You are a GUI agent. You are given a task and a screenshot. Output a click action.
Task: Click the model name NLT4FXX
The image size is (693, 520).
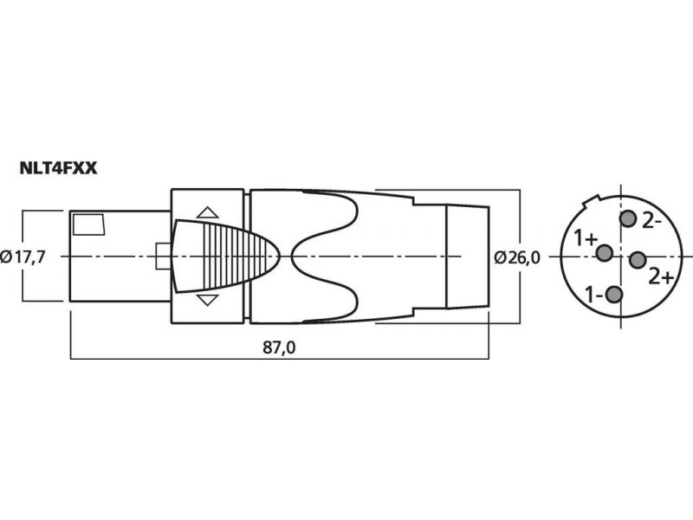(58, 168)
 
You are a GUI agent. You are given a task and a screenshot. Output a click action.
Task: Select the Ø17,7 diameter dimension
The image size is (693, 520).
(23, 257)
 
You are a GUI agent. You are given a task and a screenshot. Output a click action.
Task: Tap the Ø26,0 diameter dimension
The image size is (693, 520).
(516, 257)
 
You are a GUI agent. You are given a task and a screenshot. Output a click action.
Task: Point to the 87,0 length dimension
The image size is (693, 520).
(279, 348)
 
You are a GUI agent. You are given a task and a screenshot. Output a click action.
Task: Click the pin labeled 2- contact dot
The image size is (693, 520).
(627, 219)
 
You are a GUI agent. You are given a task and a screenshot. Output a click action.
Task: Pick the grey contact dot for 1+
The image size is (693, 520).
(604, 253)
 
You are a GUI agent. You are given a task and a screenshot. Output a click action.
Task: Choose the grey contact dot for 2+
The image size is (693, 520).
(638, 260)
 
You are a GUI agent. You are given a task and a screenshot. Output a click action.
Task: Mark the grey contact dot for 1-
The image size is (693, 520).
(614, 295)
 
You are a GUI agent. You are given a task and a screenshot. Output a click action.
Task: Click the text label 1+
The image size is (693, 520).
(586, 239)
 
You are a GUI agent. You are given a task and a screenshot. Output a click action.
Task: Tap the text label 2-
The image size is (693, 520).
(651, 221)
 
